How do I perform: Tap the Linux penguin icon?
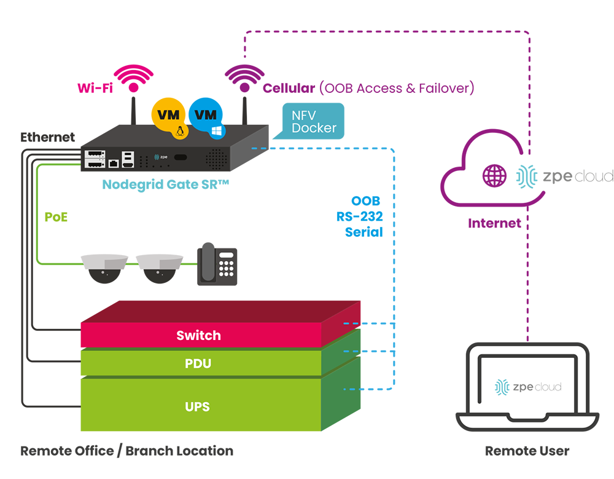pyautogui.click(x=179, y=131)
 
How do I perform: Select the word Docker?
pyautogui.click(x=314, y=129)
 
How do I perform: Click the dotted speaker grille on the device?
pyautogui.click(x=216, y=159)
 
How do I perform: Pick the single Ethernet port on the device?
pyautogui.click(x=114, y=163)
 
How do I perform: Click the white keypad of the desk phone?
pyautogui.click(x=226, y=265)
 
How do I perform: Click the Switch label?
pyautogui.click(x=198, y=336)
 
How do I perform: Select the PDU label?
pyautogui.click(x=198, y=364)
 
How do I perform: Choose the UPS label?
pyautogui.click(x=198, y=406)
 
